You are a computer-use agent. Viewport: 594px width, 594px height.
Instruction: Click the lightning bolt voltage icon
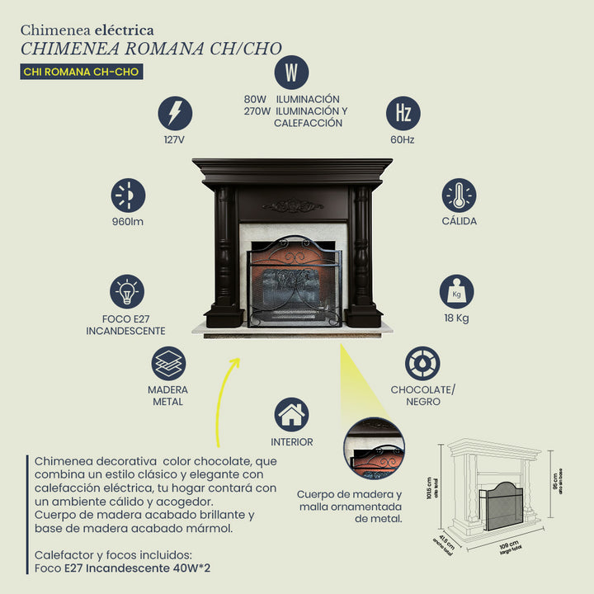point(175,113)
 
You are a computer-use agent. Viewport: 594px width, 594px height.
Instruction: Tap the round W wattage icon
point(291,73)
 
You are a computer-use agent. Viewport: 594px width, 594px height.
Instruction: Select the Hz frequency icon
point(403,113)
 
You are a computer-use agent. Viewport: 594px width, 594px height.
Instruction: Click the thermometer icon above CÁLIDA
point(459,195)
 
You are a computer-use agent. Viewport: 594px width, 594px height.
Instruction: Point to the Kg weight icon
point(456,291)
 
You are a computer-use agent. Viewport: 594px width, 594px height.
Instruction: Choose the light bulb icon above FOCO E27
point(127,291)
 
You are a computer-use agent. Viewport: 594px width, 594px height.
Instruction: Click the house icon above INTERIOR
point(292,415)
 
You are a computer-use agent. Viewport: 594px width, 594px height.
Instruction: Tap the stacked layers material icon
point(168,363)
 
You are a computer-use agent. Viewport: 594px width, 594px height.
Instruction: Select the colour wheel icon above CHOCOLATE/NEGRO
point(422,363)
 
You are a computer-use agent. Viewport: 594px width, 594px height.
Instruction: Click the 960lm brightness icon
point(128,196)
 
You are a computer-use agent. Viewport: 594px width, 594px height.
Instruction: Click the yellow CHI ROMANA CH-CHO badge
point(81,72)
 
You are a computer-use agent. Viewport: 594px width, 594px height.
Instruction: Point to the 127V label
point(174,140)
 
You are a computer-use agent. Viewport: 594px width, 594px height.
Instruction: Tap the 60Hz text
point(403,140)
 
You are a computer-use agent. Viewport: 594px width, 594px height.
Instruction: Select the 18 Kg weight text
point(456,318)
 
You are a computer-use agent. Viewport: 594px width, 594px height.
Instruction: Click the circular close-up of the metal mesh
point(374,449)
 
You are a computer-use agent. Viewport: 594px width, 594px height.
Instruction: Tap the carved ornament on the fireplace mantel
point(292,205)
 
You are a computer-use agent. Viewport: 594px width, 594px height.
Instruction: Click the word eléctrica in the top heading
point(125,31)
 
